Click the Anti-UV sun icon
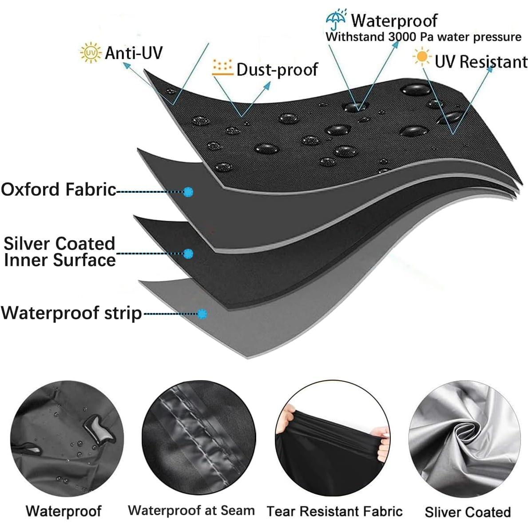(90, 52)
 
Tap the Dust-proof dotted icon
(222, 68)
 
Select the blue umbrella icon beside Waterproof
(336, 20)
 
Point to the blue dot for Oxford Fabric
(188, 191)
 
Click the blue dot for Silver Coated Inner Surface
(188, 254)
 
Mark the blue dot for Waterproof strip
(202, 314)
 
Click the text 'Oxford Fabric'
(59, 189)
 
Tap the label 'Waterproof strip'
(71, 313)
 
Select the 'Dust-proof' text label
(277, 69)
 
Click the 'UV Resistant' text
(481, 62)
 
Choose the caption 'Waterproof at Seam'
(191, 510)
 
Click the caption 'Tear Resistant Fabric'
(334, 511)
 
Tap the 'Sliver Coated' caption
(467, 512)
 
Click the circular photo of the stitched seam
(198, 437)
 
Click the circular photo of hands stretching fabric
(333, 437)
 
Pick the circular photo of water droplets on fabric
(67, 437)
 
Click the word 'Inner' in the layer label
(25, 260)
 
